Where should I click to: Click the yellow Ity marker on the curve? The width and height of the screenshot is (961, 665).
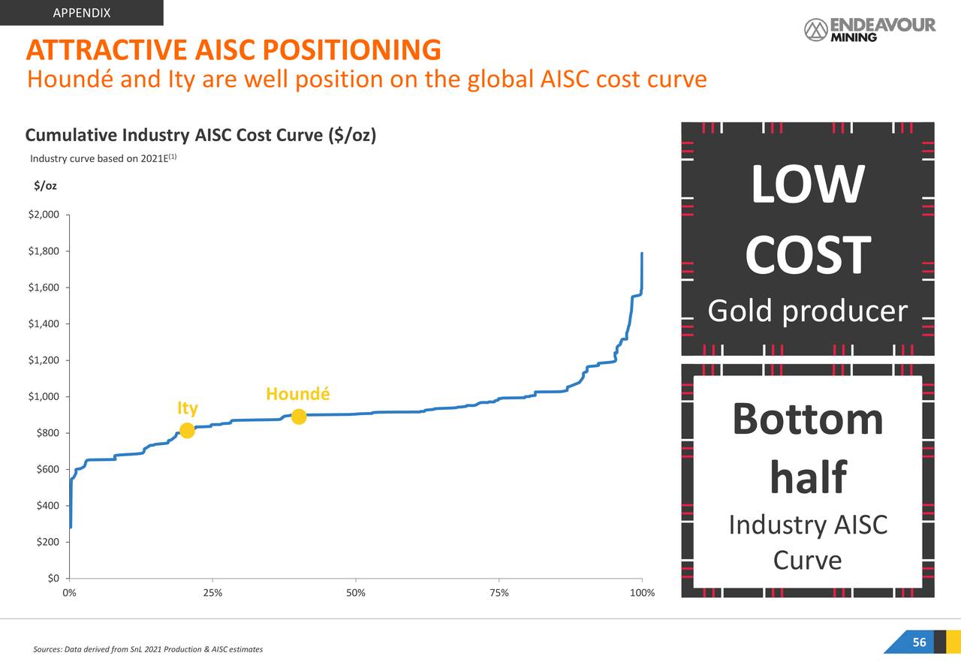coord(187,431)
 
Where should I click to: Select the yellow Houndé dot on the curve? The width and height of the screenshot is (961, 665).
coord(299,417)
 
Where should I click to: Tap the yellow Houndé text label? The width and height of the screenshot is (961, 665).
coord(297,395)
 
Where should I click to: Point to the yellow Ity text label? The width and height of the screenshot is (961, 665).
coord(188,408)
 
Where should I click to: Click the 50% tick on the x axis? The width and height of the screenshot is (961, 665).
coord(356,594)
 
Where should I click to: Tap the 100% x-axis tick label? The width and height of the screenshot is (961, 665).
coord(642,594)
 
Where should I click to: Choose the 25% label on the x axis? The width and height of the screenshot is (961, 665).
coord(212,594)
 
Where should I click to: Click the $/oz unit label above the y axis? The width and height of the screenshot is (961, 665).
coord(46,185)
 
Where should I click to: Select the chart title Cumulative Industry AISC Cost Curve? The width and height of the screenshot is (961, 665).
coord(200,135)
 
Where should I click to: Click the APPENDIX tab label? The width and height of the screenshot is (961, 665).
coord(82,13)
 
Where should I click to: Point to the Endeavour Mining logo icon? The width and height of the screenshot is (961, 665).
coord(815,30)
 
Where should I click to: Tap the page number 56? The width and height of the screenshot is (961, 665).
coord(919,642)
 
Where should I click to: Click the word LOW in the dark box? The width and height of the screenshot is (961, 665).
coord(808,185)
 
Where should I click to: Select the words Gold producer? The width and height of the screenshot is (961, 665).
coord(808,311)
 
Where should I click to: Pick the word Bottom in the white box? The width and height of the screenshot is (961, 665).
coord(808,419)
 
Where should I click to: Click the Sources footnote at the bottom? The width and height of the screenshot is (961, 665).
coord(149,649)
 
